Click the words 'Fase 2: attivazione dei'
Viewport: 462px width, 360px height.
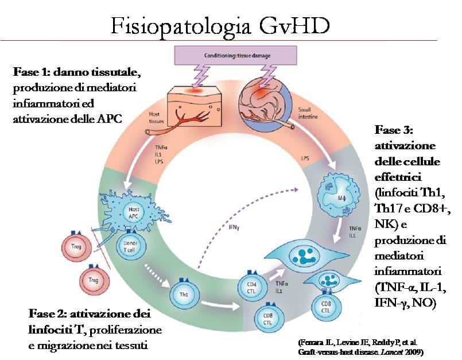[89, 315]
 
